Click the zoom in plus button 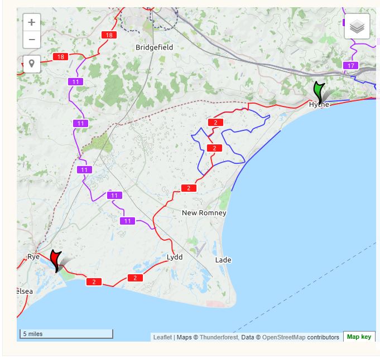[x=32, y=23]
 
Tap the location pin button [x=32, y=64]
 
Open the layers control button [x=357, y=26]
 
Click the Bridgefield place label [x=155, y=47]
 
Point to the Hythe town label [x=319, y=105]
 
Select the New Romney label [x=204, y=213]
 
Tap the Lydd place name [x=175, y=257]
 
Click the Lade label [x=223, y=260]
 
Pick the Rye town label [x=33, y=256]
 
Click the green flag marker [x=319, y=90]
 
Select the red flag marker [x=55, y=259]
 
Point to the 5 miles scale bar [x=66, y=334]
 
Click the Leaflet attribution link [x=162, y=337]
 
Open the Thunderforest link [x=218, y=337]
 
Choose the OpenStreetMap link [x=283, y=337]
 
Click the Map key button [x=359, y=337]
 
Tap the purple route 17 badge [x=350, y=66]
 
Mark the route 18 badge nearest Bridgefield [x=108, y=35]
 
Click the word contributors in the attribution [x=323, y=337]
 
